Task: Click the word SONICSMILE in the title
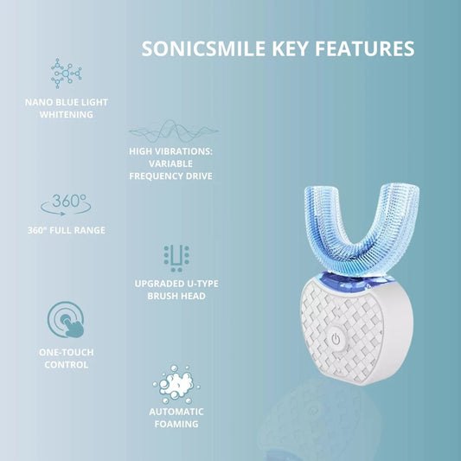point(203,48)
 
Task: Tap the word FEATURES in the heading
point(365,48)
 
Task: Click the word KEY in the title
point(290,48)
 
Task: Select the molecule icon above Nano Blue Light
point(66,74)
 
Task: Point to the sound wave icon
point(174,131)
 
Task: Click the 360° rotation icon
point(66,205)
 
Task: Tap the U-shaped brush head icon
point(176,258)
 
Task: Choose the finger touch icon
point(66,319)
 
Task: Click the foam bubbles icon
point(176,384)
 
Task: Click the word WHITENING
point(67,114)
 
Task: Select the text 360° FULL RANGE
point(67,230)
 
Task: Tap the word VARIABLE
point(170,163)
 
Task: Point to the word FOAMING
point(176,424)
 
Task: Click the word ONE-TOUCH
point(67,352)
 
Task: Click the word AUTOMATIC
point(176,412)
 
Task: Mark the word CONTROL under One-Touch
point(67,365)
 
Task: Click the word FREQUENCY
point(151,176)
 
